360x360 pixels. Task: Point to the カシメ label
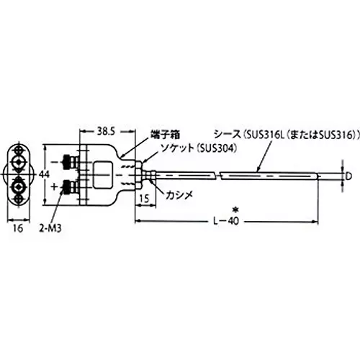pos(177,197)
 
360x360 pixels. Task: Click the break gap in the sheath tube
pos(217,175)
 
